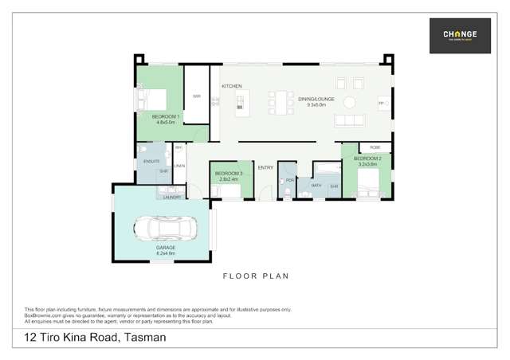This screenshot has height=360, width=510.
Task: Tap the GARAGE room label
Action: point(166,248)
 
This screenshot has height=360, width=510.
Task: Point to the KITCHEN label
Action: point(232,86)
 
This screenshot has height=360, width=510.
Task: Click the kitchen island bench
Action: point(238,102)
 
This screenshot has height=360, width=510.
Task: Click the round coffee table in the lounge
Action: point(350,101)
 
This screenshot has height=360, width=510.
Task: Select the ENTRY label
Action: point(265,167)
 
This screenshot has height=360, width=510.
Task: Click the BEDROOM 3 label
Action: point(228,174)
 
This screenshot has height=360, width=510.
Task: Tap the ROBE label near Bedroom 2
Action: point(375,147)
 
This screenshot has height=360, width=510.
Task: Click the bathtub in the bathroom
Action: point(328,169)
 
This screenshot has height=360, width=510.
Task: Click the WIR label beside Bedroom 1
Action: point(196,97)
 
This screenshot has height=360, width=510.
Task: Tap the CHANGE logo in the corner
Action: point(460,36)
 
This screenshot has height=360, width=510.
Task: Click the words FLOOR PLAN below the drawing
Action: point(256,276)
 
